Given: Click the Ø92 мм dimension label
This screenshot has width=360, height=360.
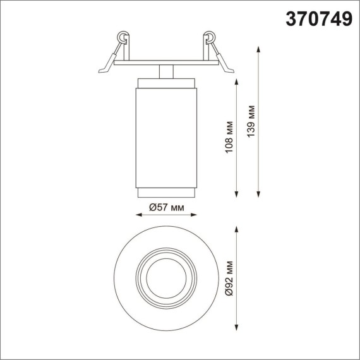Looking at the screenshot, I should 230,278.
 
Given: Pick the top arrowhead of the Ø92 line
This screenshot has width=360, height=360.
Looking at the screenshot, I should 237,232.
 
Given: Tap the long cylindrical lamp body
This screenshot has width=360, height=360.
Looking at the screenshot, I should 167,136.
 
